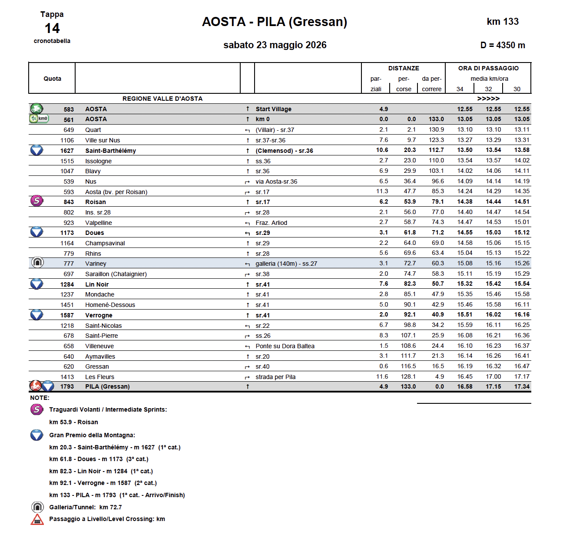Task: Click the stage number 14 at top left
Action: (x=52, y=29)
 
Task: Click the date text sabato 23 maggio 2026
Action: (x=275, y=45)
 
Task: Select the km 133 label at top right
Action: (x=503, y=22)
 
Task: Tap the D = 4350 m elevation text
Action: (x=503, y=45)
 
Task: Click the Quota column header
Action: (x=52, y=79)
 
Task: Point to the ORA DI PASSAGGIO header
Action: (x=488, y=68)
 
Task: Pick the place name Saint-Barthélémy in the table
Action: (x=110, y=151)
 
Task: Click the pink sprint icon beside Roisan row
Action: (x=37, y=201)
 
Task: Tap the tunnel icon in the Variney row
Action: (x=38, y=262)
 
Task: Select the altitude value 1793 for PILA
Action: (x=67, y=386)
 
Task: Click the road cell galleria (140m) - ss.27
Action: (x=286, y=264)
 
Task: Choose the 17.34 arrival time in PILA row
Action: (x=522, y=386)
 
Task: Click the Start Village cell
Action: (x=273, y=109)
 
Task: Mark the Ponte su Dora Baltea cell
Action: (x=285, y=346)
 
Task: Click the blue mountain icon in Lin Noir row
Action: (x=37, y=284)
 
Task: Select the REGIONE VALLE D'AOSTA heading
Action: (x=162, y=99)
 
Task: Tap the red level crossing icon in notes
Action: (x=37, y=519)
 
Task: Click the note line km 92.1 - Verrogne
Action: (x=103, y=483)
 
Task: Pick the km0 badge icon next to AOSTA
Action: (x=39, y=119)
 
